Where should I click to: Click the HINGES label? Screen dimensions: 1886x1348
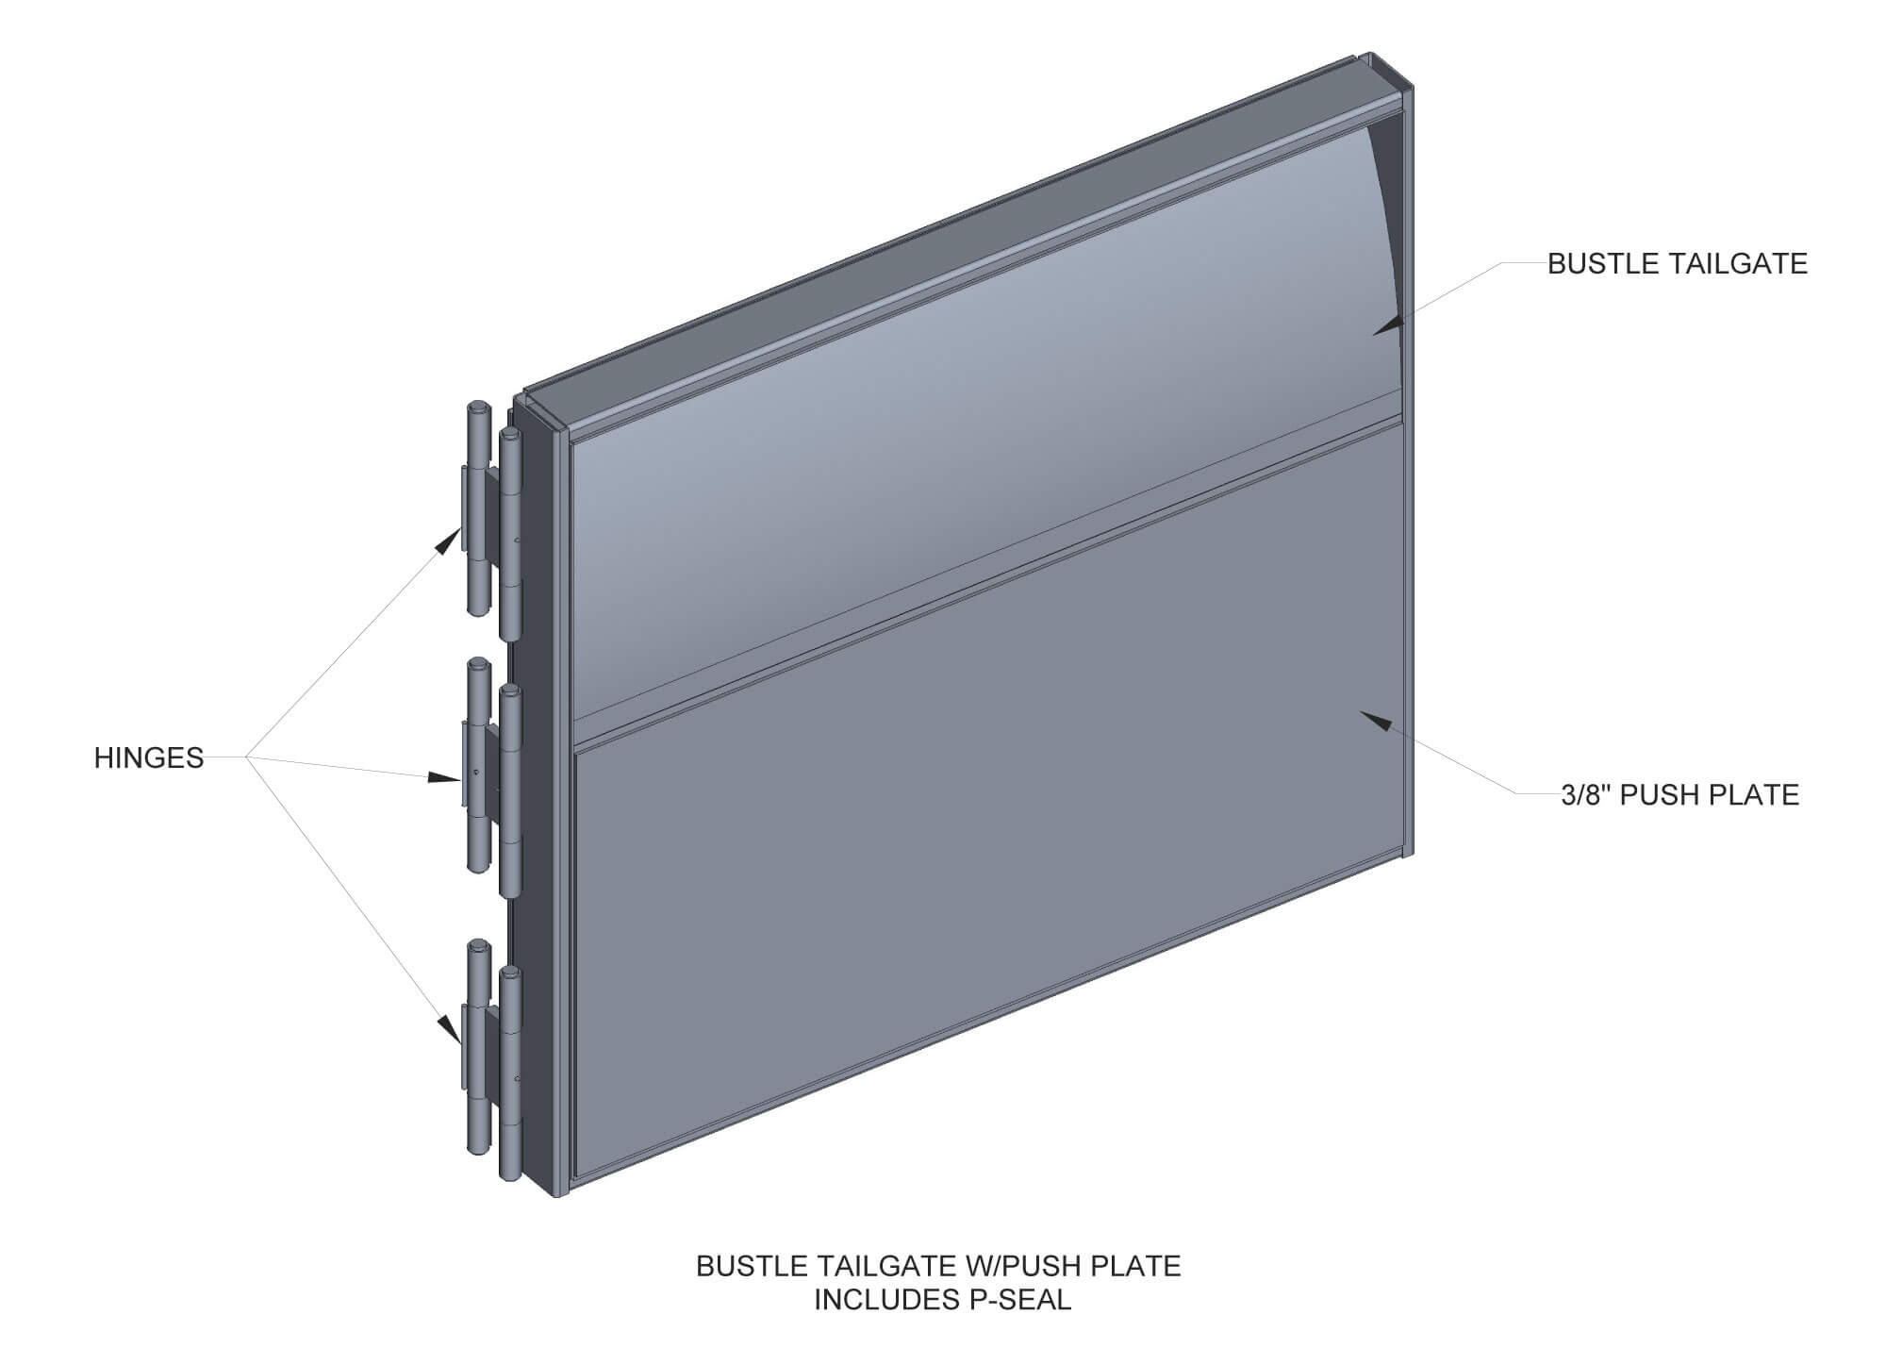coord(149,758)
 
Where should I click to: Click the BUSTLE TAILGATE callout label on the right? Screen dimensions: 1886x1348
coord(1678,264)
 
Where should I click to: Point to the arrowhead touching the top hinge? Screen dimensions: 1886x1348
coord(447,540)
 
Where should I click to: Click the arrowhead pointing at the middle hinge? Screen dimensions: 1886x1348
coord(443,777)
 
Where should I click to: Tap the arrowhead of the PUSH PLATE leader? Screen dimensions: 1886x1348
coord(1377,721)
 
